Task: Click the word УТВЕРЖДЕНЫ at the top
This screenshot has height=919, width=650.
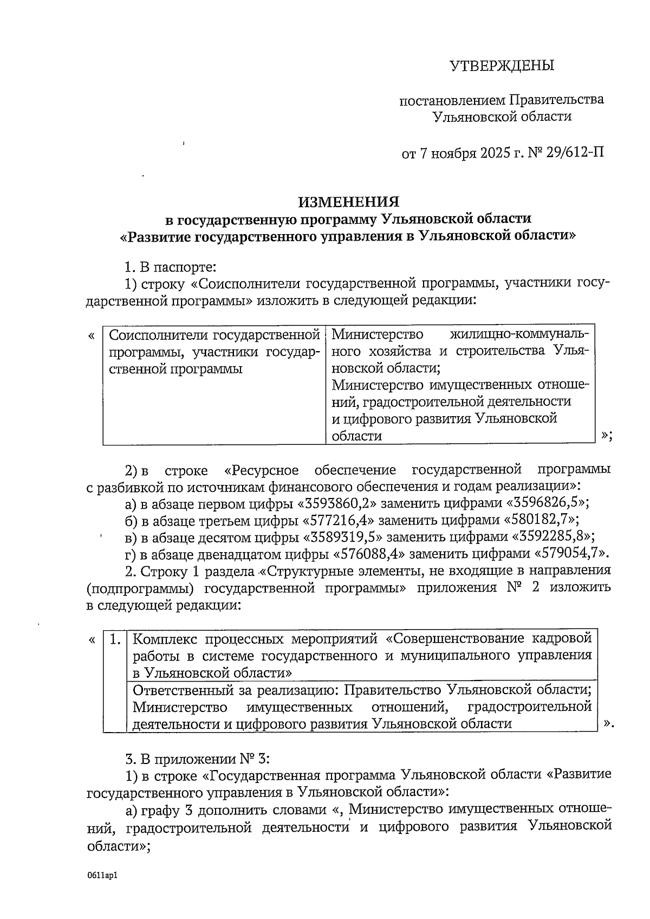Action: (x=502, y=66)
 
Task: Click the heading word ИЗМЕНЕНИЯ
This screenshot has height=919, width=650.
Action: (x=349, y=202)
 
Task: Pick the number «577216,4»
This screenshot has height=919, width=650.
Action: (x=336, y=520)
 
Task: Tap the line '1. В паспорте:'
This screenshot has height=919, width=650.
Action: (x=170, y=267)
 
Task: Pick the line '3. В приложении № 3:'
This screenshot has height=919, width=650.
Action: (x=193, y=758)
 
